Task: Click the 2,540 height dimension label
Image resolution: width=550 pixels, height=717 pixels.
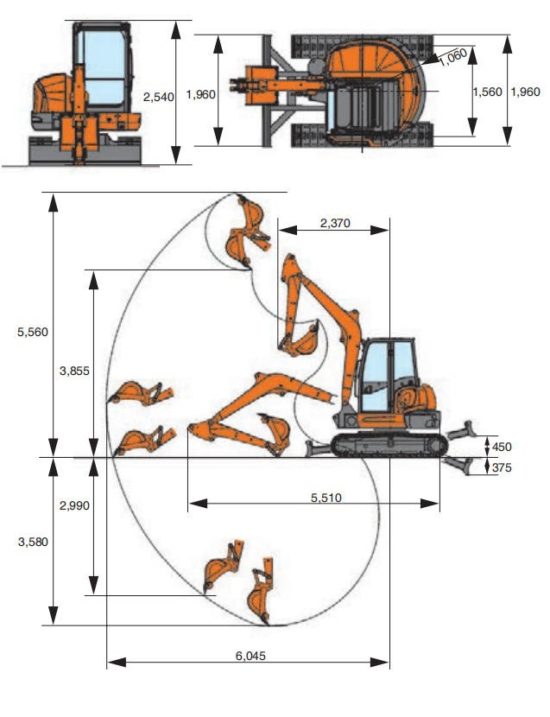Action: (158, 97)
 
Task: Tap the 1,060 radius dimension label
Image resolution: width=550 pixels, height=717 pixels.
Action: (453, 57)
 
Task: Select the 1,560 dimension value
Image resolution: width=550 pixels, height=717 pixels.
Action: (487, 92)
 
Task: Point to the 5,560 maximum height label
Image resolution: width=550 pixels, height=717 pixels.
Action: (33, 332)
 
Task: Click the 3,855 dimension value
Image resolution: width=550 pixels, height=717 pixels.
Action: (74, 371)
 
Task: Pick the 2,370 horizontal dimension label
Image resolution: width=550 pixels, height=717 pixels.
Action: (335, 223)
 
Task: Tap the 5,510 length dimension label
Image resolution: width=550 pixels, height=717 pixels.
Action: (326, 498)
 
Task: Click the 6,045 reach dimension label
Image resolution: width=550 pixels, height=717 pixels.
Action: (250, 656)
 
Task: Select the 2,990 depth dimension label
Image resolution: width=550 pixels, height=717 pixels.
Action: (74, 505)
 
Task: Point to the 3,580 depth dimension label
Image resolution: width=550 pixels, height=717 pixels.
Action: (33, 542)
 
